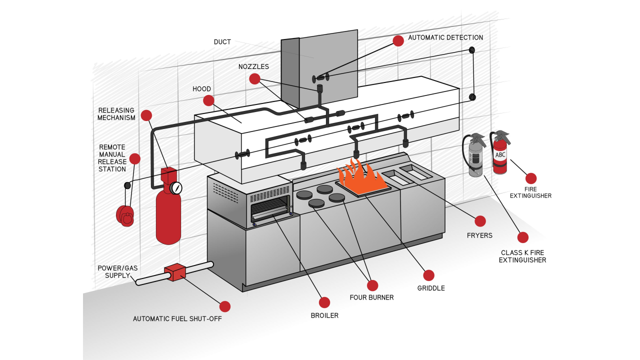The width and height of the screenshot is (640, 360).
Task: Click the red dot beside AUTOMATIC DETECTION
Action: pos(398,41)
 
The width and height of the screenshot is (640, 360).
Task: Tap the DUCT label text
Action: pos(222,42)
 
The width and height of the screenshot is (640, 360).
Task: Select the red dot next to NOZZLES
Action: pos(254,78)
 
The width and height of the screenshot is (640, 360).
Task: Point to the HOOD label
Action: pos(201,89)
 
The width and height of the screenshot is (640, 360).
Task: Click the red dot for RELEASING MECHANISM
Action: pos(146,115)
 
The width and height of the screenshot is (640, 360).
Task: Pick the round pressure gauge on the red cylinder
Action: pos(176,188)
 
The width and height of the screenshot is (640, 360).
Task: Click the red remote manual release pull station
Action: pos(125,215)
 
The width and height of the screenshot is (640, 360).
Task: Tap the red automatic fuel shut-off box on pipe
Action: pos(175,272)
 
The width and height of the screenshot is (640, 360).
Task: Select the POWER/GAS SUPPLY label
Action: pos(117,271)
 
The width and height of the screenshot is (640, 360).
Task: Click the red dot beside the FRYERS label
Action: pos(480,221)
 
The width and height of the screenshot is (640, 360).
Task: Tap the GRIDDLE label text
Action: pos(431,288)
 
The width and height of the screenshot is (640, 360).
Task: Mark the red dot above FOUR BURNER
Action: pos(372,285)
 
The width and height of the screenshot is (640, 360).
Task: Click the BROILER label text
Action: pos(324,315)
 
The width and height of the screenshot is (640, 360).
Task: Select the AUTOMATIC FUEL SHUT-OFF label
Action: pos(177,318)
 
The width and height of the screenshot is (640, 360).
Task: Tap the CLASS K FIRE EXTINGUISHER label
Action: pos(522,256)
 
